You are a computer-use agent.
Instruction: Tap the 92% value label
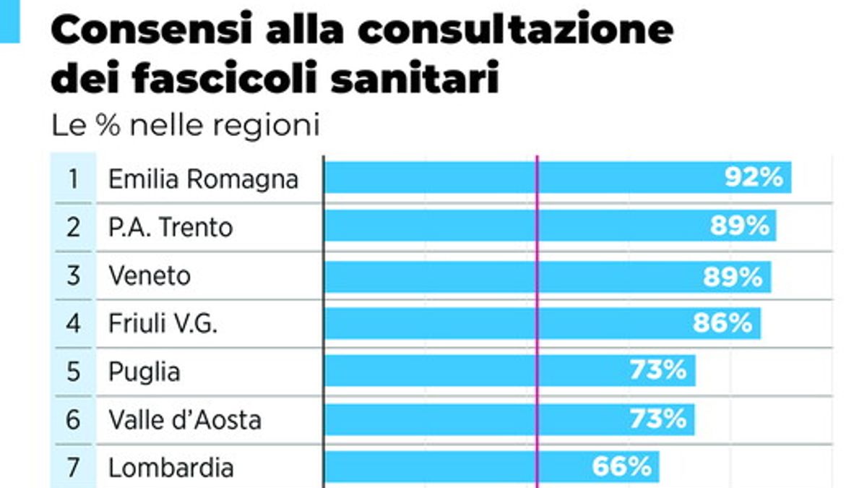pos(754,178)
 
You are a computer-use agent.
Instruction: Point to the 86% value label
pos(722,323)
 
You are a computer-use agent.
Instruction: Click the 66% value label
pos(621,467)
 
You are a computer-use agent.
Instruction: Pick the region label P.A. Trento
pos(171,228)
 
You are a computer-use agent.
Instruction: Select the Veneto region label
pos(150,275)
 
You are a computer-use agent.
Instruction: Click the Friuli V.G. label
pos(163,323)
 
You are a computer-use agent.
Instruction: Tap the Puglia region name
pos(144,372)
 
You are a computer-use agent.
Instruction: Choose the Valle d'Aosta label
pos(184,419)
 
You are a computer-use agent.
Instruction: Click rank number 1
pos(73,179)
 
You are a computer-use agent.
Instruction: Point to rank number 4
pos(73,323)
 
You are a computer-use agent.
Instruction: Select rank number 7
pos(73,468)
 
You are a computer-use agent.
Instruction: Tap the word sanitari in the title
pos(415,77)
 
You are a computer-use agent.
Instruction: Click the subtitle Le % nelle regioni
pos(185,126)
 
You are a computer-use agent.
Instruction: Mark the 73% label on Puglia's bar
pos(657,371)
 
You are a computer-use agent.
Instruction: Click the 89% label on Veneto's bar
pos(733,275)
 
